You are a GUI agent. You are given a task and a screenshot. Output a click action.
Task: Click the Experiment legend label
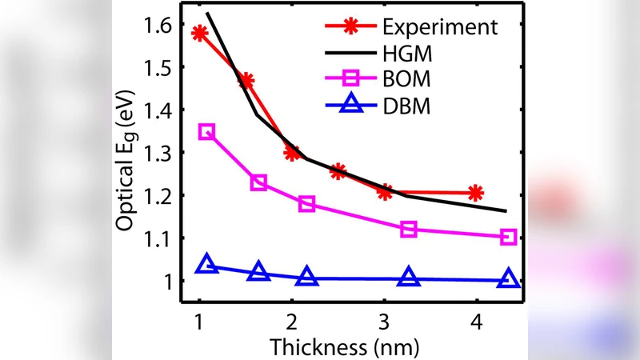tap(439, 26)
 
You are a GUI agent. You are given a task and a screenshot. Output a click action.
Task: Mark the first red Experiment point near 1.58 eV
tap(200, 33)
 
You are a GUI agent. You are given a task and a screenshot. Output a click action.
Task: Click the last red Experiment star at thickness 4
tap(476, 193)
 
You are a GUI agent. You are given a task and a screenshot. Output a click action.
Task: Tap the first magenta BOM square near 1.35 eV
tap(206, 132)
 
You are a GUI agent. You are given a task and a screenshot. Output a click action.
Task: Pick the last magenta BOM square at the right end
tap(508, 237)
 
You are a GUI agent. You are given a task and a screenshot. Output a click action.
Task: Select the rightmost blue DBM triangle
tap(509, 279)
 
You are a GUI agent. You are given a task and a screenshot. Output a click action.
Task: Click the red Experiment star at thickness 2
tap(292, 153)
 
